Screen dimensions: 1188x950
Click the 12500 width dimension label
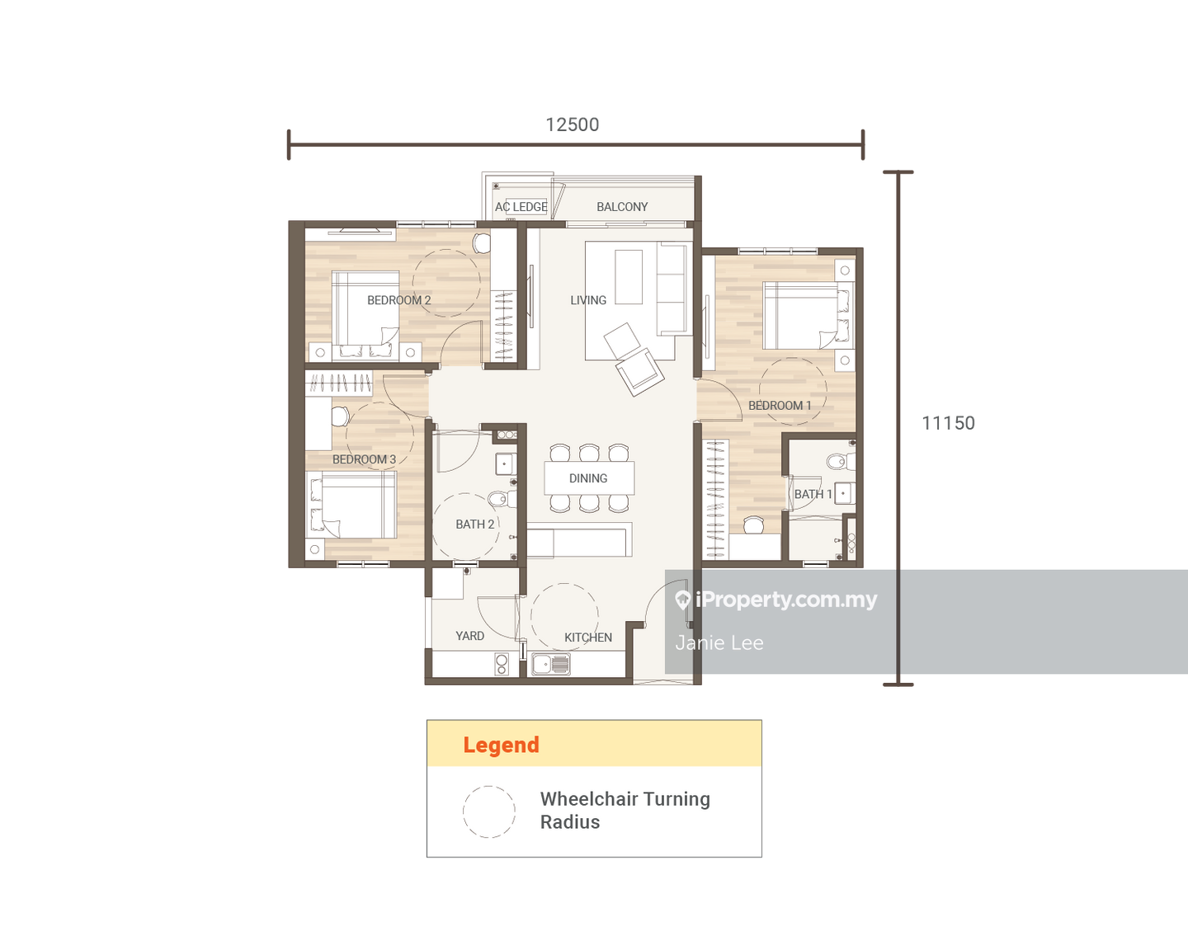tap(572, 125)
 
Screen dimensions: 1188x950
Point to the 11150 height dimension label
tap(949, 423)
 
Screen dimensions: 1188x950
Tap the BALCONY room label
tap(622, 207)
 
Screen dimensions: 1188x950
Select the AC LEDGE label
tap(521, 207)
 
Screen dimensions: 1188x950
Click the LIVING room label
tap(588, 300)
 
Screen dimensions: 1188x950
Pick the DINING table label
tap(588, 478)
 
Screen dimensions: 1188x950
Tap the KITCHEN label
tap(588, 637)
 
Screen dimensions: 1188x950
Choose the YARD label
tap(469, 636)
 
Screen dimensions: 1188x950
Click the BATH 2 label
tap(474, 524)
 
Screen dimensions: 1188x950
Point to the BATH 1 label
tap(813, 495)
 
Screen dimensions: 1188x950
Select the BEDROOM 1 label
tap(780, 406)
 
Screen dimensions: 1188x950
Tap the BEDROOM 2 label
tap(399, 300)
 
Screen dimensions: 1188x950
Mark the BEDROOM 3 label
tap(365, 460)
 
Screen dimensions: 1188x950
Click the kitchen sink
tap(551, 665)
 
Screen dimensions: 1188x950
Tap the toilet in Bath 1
tap(841, 462)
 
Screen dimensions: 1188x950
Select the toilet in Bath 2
tap(502, 500)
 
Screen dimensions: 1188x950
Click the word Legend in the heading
tap(502, 745)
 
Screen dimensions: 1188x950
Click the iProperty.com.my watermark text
tap(786, 600)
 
